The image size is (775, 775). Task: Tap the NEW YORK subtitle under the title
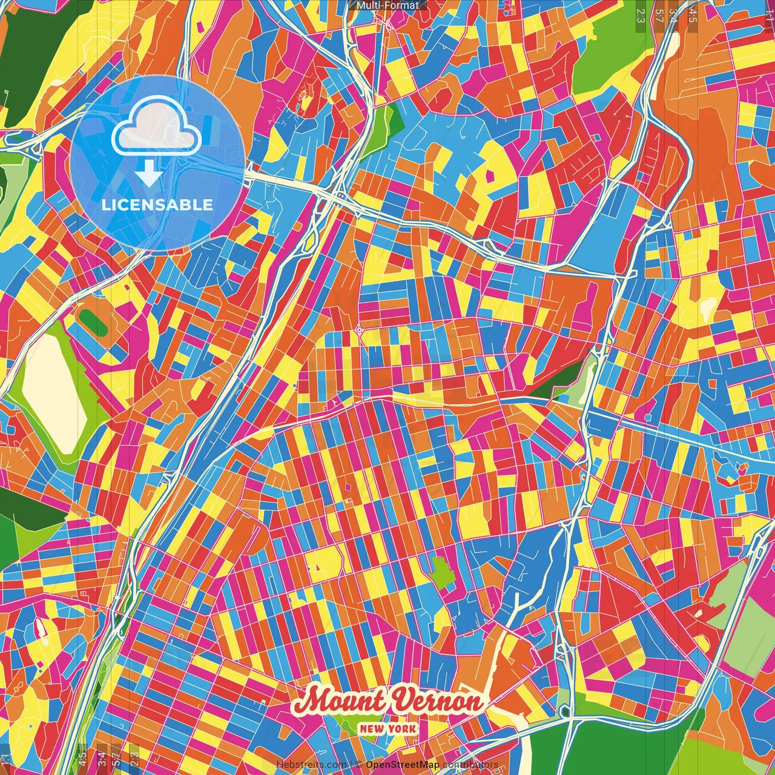[387, 728]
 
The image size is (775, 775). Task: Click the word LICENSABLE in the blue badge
[157, 205]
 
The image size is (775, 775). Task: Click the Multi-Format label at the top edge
[387, 5]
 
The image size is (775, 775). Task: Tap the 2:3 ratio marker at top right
[641, 15]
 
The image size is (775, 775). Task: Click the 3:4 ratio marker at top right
[673, 15]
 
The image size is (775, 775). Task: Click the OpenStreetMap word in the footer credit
[402, 765]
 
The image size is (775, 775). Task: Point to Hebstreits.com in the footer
[311, 765]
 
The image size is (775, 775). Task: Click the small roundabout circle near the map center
[358, 330]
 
